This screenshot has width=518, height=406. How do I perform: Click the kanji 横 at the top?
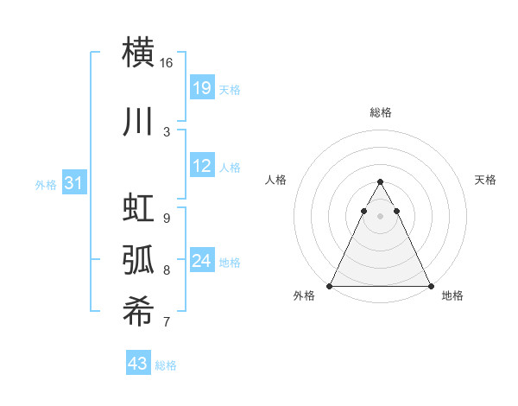[138, 52]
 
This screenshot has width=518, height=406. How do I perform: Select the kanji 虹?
[138, 210]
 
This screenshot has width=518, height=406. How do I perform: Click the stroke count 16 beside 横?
[167, 63]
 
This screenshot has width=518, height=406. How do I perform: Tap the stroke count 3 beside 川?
[167, 131]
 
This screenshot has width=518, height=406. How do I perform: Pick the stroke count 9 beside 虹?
[167, 219]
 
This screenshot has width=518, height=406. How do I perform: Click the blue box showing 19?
[201, 87]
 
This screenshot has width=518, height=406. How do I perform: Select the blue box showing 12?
[201, 166]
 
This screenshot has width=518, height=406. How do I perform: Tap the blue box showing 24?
[201, 260]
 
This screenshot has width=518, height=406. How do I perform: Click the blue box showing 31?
[73, 182]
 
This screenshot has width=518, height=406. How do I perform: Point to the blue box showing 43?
[138, 364]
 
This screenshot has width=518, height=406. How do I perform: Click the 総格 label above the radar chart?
[380, 112]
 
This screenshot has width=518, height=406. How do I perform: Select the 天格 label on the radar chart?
[485, 180]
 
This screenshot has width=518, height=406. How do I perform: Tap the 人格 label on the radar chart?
[275, 180]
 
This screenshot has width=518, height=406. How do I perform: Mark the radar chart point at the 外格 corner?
[330, 286]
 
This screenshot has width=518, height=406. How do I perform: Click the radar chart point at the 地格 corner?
[431, 286]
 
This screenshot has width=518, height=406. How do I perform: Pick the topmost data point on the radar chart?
[380, 182]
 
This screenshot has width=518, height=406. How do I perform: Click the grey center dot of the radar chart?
[380, 217]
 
